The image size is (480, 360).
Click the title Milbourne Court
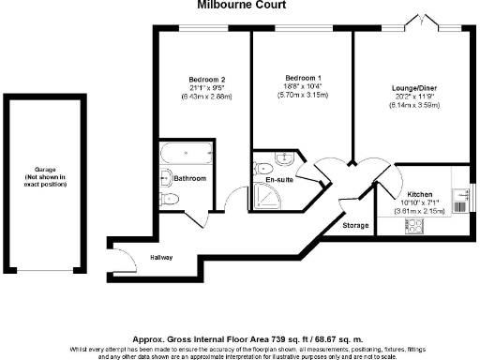click(239, 5)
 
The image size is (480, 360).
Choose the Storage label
click(355, 225)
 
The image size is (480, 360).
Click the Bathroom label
click(188, 177)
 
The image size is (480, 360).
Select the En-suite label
click(280, 178)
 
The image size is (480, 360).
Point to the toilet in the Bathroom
click(169, 199)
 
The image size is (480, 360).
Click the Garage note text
click(45, 178)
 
